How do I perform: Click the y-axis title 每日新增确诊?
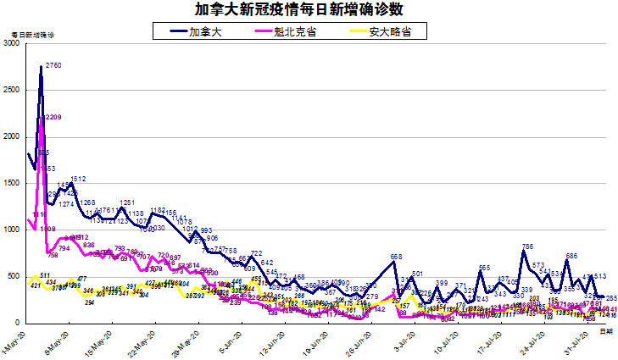click(x=31, y=33)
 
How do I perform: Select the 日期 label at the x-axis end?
click(x=605, y=333)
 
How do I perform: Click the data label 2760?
click(x=53, y=65)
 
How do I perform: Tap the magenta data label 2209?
click(x=53, y=117)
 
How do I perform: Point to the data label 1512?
click(x=79, y=179)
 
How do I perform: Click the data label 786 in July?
click(x=527, y=246)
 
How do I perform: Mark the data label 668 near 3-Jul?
click(x=396, y=257)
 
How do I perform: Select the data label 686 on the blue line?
click(x=572, y=256)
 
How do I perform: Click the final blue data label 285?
click(x=610, y=298)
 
